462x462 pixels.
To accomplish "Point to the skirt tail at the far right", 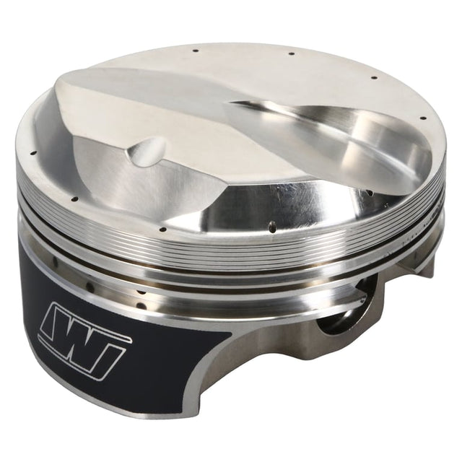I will (x=426, y=267).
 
